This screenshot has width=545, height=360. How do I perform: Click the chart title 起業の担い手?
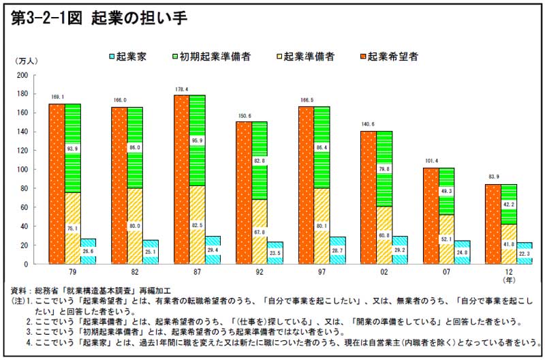coord(140,18)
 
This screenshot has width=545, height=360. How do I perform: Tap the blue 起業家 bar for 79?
coord(89,251)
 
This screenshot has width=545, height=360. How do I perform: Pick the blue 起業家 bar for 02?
coord(399,250)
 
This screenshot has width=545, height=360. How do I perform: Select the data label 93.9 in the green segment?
coord(73,149)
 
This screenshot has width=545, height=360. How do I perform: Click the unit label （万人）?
coord(25,61)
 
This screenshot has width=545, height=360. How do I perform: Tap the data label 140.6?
coord(369,125)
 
